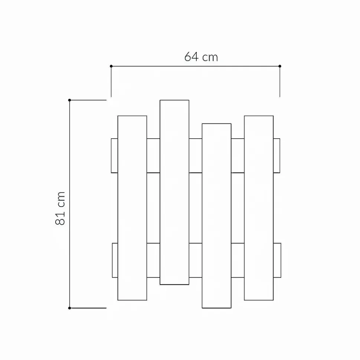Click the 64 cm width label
201,57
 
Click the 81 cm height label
60,208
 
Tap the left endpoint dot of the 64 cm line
111,66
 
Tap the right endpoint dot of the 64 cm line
280,66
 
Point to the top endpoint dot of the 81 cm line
69,100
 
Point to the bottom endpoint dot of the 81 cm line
69,308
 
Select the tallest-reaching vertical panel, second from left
174,192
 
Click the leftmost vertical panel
132,208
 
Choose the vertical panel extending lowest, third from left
216,216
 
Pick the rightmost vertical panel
259,208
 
